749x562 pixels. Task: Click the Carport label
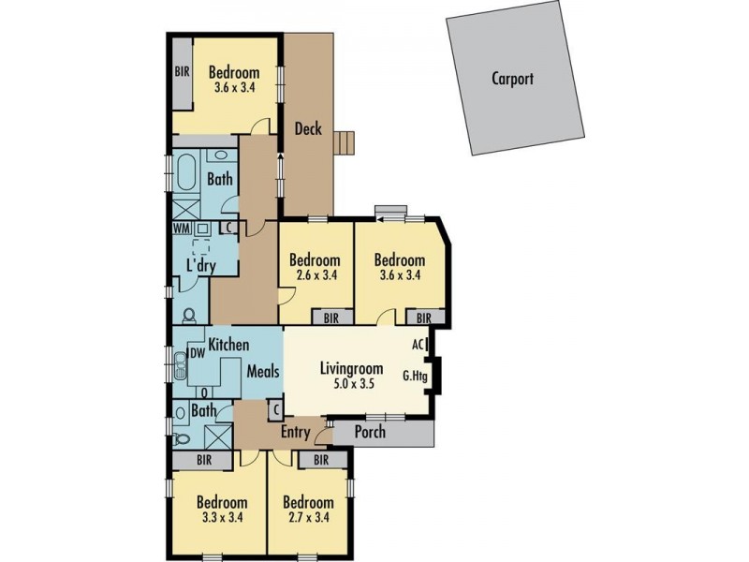pyautogui.click(x=512, y=79)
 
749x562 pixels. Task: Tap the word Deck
pyautogui.click(x=308, y=128)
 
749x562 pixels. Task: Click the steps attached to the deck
pyautogui.click(x=347, y=141)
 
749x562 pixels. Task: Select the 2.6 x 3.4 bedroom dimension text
pyautogui.click(x=314, y=275)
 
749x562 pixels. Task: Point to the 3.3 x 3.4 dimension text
pyautogui.click(x=223, y=517)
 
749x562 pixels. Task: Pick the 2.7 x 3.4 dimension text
pyautogui.click(x=308, y=517)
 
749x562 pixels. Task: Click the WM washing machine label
pyautogui.click(x=181, y=228)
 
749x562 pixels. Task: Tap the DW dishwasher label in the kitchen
pyautogui.click(x=198, y=353)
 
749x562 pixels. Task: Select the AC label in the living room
pyautogui.click(x=419, y=345)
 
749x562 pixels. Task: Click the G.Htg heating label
pyautogui.click(x=415, y=377)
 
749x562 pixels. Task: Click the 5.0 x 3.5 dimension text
pyautogui.click(x=352, y=382)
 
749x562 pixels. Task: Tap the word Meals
pyautogui.click(x=263, y=372)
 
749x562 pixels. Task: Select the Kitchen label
pyautogui.click(x=228, y=344)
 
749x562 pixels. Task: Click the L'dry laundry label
pyautogui.click(x=201, y=266)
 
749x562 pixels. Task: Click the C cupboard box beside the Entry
pyautogui.click(x=275, y=409)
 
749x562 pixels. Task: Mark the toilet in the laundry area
pyautogui.click(x=188, y=316)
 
